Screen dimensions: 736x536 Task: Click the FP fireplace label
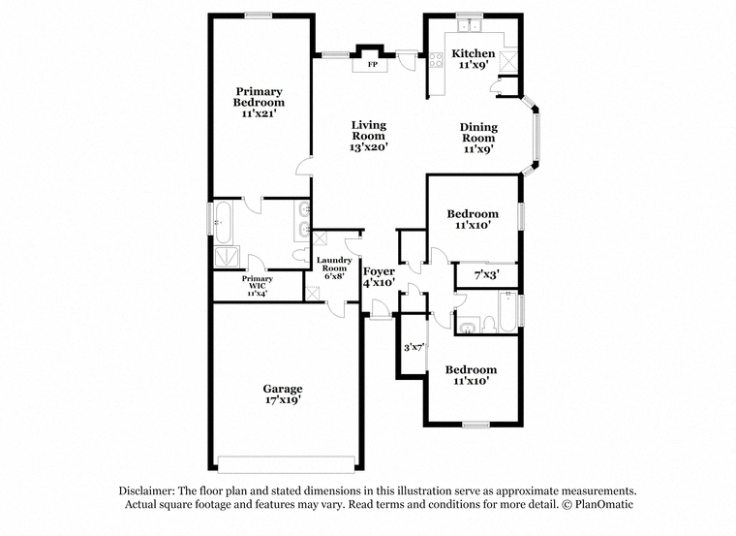point(372,65)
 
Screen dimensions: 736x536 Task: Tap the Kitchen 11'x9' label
point(474,59)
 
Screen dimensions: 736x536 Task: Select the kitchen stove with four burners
point(436,60)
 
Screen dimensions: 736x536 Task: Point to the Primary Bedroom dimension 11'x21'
point(259,113)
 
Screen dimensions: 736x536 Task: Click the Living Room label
point(368,131)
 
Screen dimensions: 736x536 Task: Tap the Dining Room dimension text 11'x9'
point(478,149)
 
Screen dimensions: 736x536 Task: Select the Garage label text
point(283,389)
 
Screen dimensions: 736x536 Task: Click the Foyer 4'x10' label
point(380,276)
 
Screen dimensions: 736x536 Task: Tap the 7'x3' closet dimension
point(487,274)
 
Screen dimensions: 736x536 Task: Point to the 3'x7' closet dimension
point(414,348)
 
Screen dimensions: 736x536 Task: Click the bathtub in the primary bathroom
point(223,223)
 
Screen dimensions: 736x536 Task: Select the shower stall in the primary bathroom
point(227,258)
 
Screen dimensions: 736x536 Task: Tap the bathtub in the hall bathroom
point(507,312)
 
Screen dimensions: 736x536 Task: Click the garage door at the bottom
point(287,464)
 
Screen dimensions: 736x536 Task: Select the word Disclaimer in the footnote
point(147,490)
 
